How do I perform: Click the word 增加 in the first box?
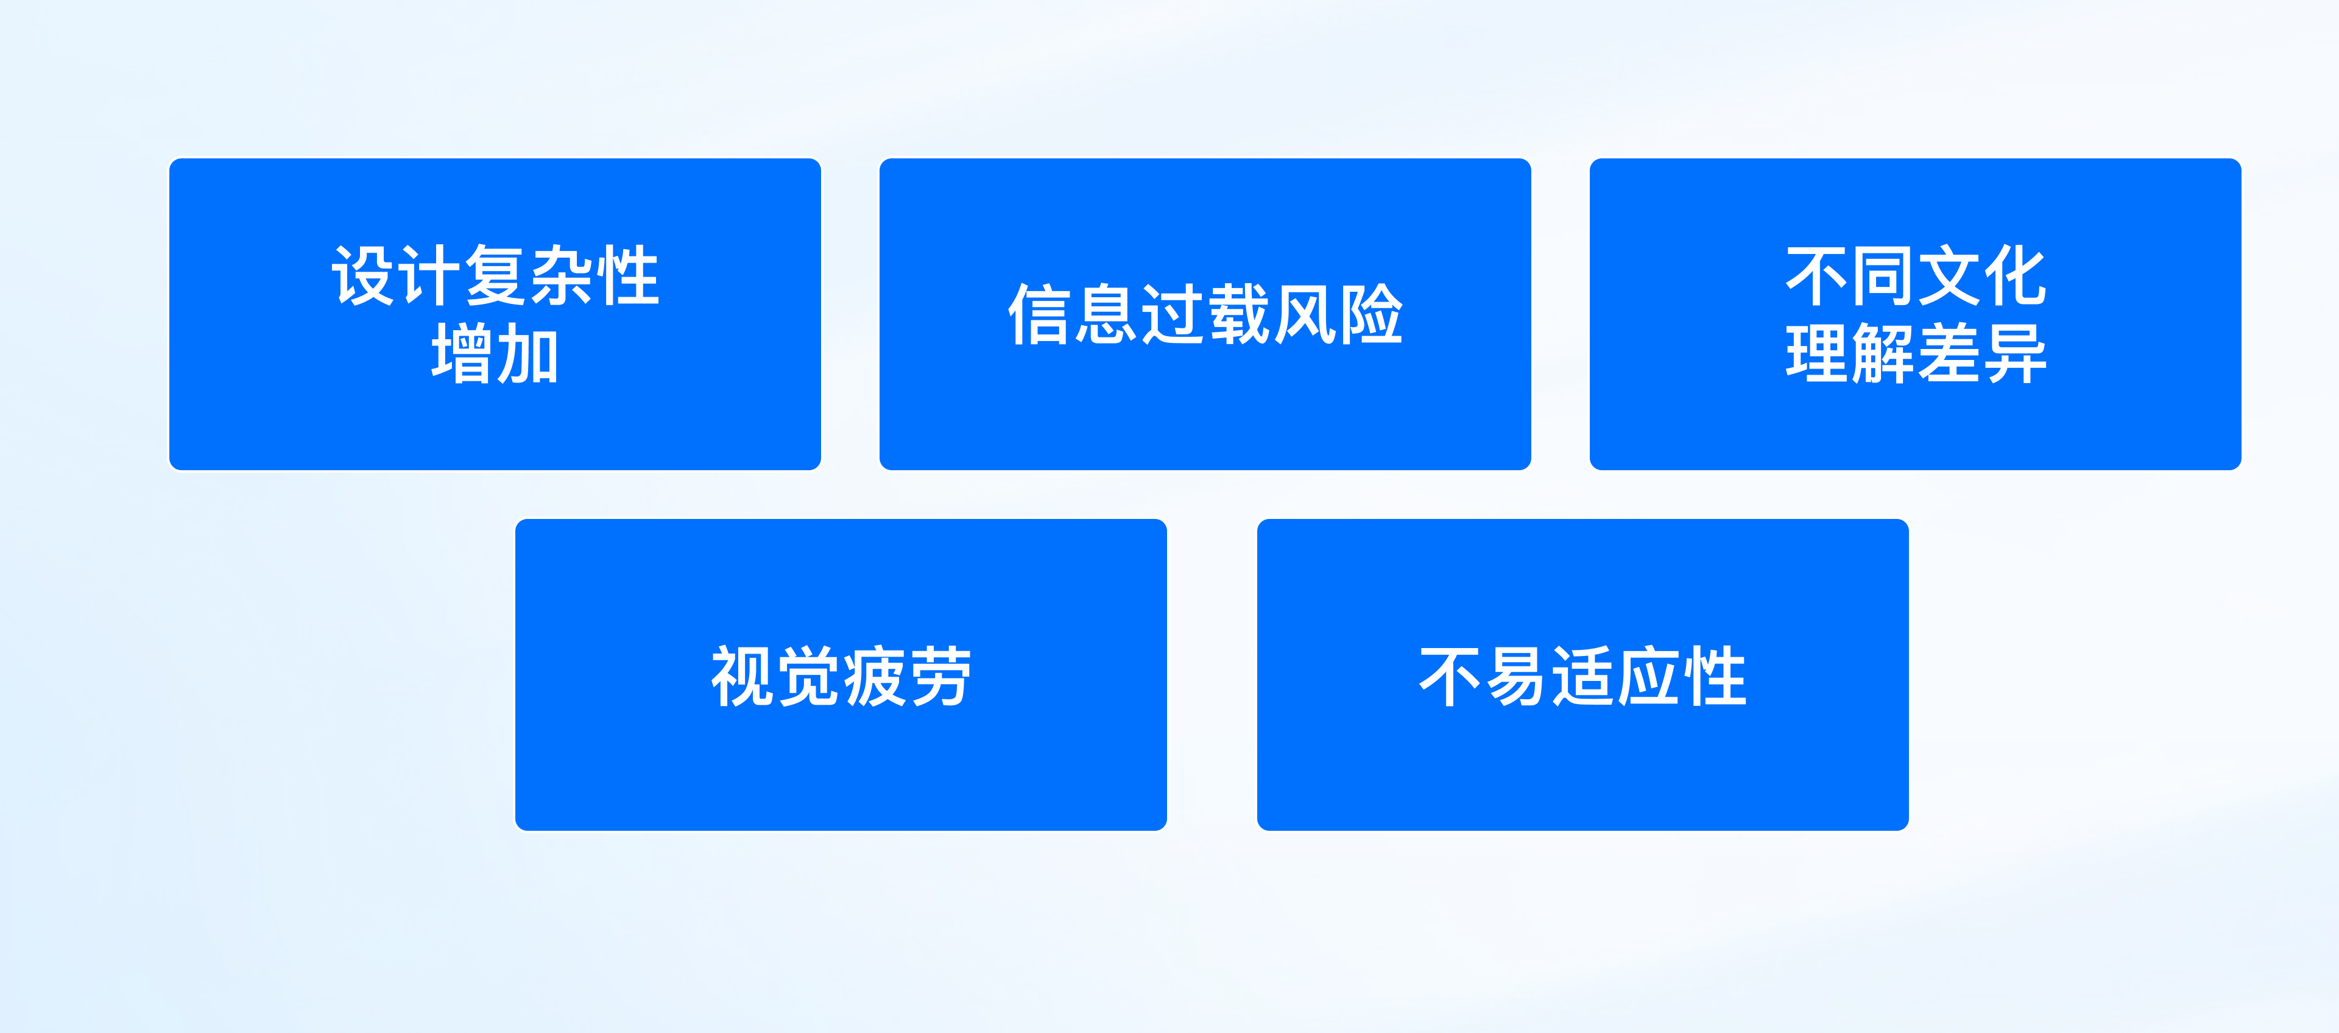point(495,354)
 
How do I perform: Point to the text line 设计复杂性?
point(495,276)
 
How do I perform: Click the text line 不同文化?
point(1915,276)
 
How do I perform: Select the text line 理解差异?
point(1915,354)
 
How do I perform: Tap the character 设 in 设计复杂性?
point(363,276)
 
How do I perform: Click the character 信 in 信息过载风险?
point(1040,315)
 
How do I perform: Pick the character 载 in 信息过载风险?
point(1238,315)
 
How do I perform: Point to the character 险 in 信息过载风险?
point(1371,315)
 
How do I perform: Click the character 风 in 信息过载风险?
point(1305,315)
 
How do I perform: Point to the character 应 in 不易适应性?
point(1648,676)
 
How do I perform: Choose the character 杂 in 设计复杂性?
point(561,276)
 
